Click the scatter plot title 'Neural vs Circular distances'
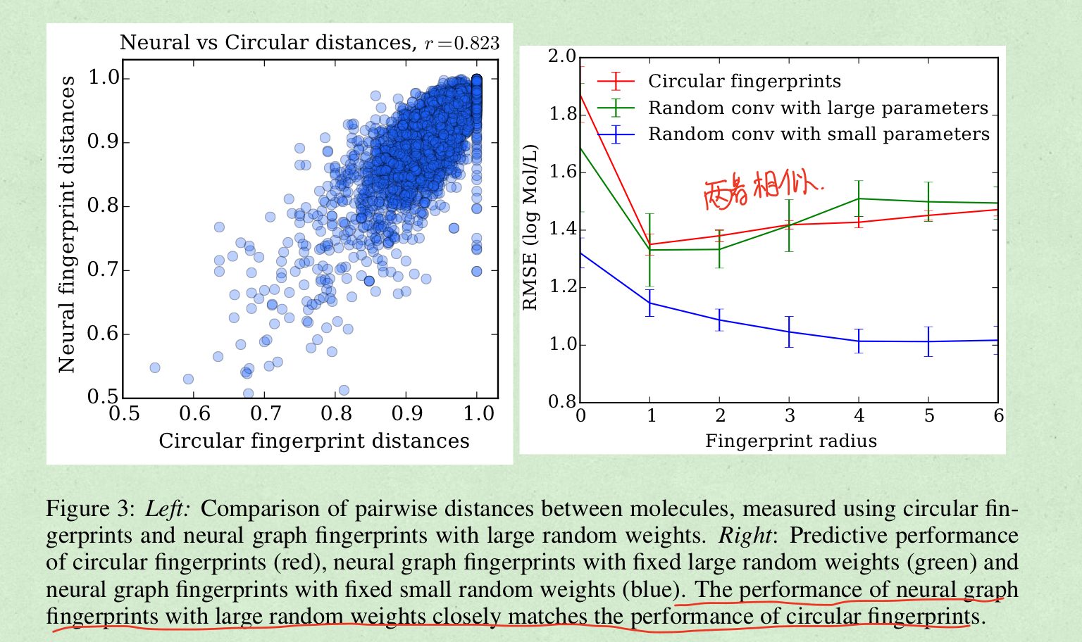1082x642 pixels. click(x=266, y=43)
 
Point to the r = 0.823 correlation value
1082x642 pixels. click(x=462, y=44)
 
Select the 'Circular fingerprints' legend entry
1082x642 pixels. click(x=744, y=82)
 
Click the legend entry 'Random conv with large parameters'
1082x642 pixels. click(x=818, y=108)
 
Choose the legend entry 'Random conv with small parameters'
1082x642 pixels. click(x=819, y=134)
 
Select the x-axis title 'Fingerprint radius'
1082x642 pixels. click(x=790, y=441)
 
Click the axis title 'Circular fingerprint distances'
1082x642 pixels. click(x=313, y=441)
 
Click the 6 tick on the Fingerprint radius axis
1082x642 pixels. click(x=998, y=416)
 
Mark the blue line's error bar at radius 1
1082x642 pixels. click(x=649, y=303)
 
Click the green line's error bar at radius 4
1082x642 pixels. click(x=859, y=199)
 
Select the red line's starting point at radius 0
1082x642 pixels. click(x=581, y=94)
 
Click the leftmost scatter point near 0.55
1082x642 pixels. click(x=155, y=367)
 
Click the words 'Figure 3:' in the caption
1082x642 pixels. click(x=89, y=509)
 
